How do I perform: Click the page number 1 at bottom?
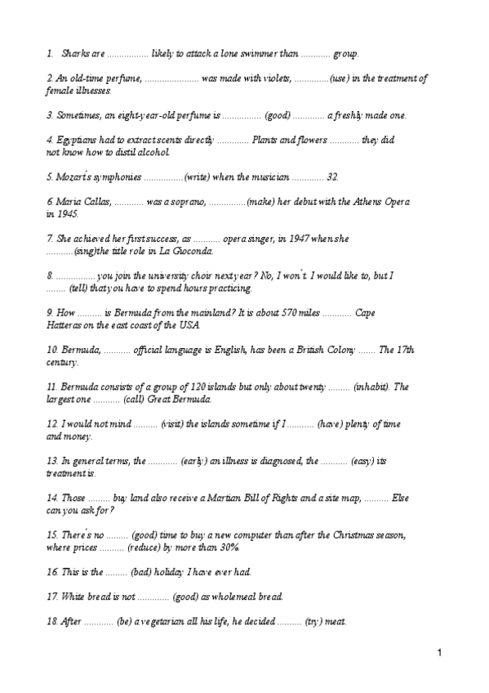(x=438, y=653)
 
